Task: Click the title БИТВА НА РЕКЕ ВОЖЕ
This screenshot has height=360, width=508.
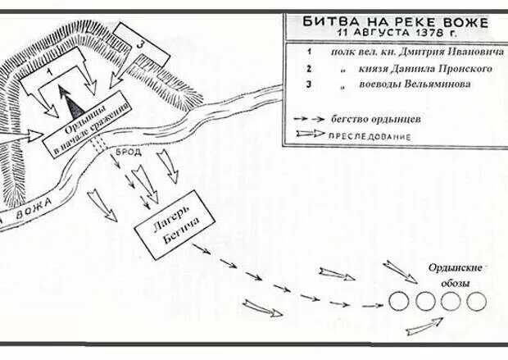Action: (394, 21)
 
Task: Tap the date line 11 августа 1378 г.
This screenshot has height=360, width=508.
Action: (394, 34)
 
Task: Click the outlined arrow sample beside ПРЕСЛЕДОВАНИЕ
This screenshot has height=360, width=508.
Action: (311, 135)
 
